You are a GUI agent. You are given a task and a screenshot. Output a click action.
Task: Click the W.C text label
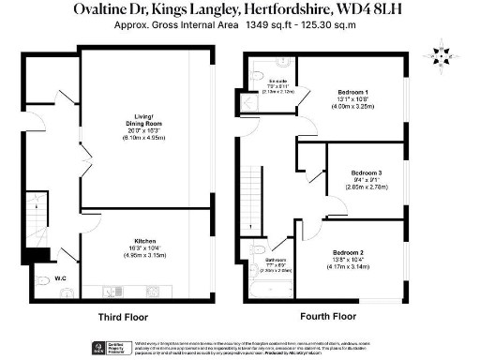point(59,278)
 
